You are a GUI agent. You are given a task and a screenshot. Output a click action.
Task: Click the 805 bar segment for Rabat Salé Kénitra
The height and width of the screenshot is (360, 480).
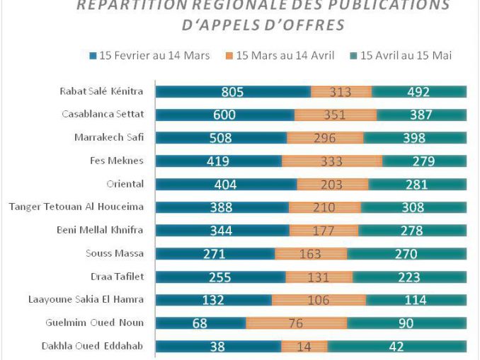pyautogui.click(x=233, y=91)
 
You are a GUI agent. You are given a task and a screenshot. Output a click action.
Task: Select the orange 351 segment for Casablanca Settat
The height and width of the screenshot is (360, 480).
pyautogui.click(x=336, y=115)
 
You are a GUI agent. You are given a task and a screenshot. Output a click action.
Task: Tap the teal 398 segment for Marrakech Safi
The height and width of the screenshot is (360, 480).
pyautogui.click(x=414, y=138)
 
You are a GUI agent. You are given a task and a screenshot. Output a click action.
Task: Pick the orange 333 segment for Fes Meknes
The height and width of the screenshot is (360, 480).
pyautogui.click(x=332, y=161)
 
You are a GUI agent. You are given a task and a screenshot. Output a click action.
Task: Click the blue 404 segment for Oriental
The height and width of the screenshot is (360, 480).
pyautogui.click(x=226, y=185)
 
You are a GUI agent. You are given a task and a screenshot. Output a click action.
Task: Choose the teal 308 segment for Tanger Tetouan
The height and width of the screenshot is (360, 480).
pyautogui.click(x=413, y=208)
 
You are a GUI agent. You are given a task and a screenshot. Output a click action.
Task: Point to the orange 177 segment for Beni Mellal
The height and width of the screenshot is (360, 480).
pyautogui.click(x=324, y=231)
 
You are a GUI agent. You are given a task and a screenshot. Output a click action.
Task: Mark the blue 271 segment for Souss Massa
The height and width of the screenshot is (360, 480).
pyautogui.click(x=215, y=254)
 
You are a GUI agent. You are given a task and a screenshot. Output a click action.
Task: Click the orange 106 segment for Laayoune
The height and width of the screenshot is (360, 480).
pyautogui.click(x=319, y=300)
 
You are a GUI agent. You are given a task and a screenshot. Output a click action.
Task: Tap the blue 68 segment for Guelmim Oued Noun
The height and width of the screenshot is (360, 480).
pyautogui.click(x=200, y=323)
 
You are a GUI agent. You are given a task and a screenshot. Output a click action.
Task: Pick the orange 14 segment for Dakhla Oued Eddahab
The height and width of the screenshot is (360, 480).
pyautogui.click(x=304, y=347)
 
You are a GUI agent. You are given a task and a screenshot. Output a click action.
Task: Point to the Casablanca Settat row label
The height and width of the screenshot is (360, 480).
pyautogui.click(x=103, y=115)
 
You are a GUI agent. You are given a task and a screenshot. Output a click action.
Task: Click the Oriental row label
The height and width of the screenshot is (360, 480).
pyautogui.click(x=125, y=185)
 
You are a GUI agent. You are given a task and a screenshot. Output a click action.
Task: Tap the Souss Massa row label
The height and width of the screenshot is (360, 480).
pyautogui.click(x=115, y=254)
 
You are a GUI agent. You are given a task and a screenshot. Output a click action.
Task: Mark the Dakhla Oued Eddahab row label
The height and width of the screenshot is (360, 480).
pyautogui.click(x=96, y=347)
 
